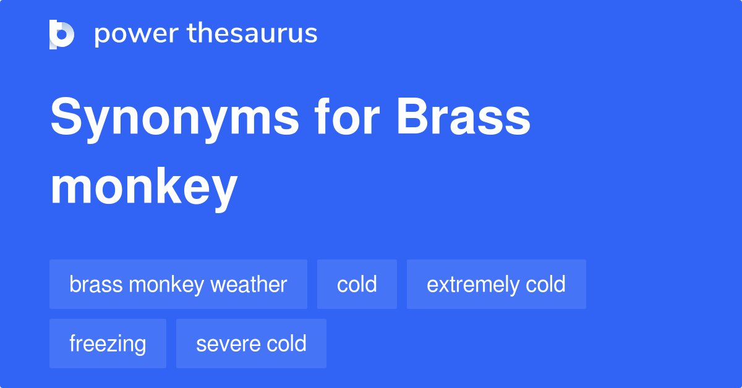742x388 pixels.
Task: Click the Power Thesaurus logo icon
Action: [61, 34]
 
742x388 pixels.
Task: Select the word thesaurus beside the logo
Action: [252, 34]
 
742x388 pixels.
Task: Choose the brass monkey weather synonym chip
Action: [178, 284]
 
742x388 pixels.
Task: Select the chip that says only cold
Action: [357, 284]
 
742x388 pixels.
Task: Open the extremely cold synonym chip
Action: [496, 284]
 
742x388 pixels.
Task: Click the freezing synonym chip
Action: [108, 344]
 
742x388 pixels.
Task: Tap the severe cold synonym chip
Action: [251, 344]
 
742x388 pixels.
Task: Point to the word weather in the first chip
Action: [249, 284]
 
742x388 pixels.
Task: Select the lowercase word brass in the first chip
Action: [92, 284]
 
